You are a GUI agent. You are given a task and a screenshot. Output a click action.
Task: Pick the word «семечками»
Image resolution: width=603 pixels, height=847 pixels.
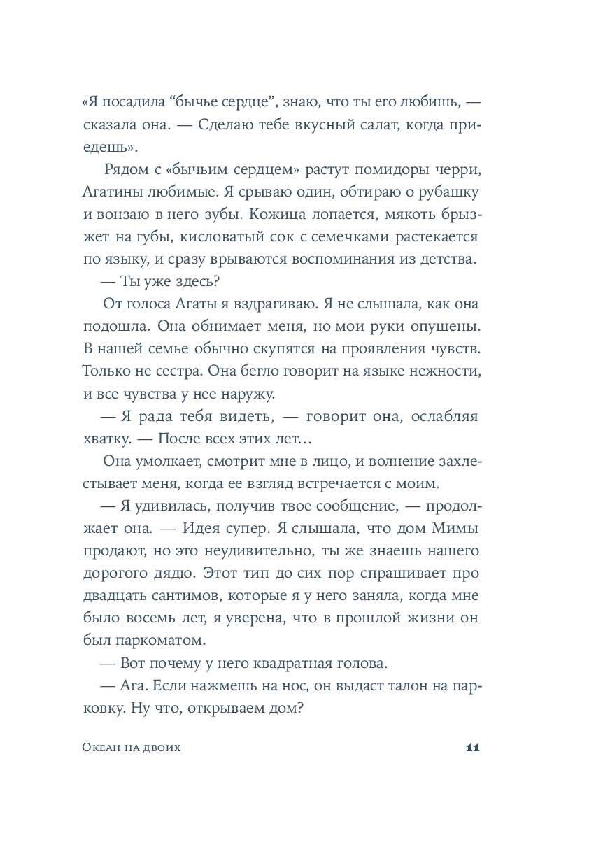point(349,238)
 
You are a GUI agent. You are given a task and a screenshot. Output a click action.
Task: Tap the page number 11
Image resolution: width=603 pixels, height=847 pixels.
point(471,748)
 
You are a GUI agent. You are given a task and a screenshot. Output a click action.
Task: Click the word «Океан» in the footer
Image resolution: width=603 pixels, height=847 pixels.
point(97,748)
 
